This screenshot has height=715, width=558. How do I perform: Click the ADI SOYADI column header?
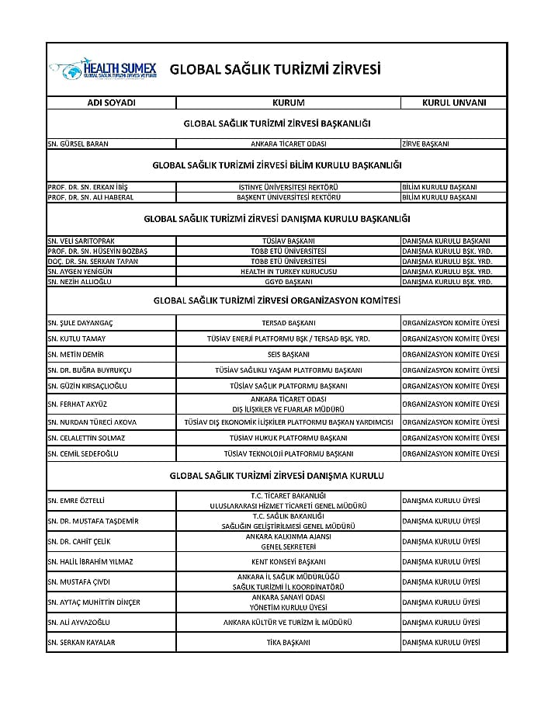111,102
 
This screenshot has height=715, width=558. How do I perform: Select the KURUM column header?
288,102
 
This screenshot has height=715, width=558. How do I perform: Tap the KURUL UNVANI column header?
453,102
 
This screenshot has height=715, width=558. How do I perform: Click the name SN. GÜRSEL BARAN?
78,144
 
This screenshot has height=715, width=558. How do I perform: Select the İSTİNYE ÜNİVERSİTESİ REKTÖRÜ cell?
288,187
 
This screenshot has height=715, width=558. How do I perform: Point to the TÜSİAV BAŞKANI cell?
288,241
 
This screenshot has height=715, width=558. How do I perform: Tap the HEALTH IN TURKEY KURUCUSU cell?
288,272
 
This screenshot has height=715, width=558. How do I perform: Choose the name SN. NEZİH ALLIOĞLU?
81,282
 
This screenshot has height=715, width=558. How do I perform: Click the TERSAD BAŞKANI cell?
288,322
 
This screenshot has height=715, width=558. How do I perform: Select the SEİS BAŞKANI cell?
288,354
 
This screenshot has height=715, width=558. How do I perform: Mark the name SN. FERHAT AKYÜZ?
77,404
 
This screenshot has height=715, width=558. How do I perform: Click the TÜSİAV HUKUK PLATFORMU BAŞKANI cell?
288,438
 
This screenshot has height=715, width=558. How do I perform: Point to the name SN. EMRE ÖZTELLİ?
76,501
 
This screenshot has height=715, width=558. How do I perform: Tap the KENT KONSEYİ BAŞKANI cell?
288,561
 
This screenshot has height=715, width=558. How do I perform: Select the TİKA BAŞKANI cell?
288,642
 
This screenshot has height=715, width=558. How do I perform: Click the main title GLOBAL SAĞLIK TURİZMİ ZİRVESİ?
275,69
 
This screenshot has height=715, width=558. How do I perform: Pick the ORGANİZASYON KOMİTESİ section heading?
277,300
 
